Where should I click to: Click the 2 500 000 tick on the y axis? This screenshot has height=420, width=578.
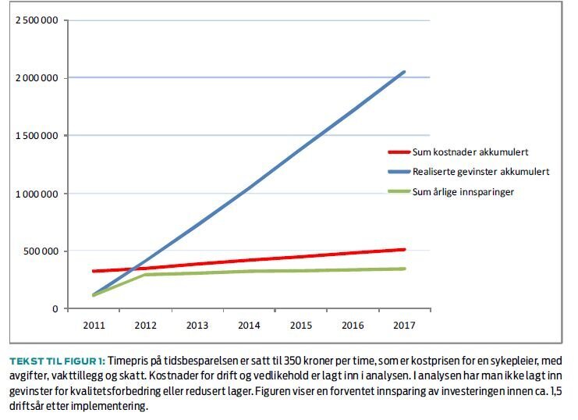point(36,20)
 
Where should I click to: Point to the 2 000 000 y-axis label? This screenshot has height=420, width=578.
point(36,78)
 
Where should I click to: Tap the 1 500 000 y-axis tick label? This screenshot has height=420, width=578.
point(36,136)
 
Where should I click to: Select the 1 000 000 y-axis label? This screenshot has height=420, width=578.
point(36,194)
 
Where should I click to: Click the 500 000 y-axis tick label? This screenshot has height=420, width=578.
point(41,251)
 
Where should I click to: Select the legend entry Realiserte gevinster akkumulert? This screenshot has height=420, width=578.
point(481,171)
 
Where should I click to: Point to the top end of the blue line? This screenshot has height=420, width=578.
point(403,72)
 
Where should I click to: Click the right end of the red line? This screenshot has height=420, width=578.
point(403,250)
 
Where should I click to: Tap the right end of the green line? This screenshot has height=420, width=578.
point(403,269)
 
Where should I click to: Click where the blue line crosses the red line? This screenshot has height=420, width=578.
point(134,269)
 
